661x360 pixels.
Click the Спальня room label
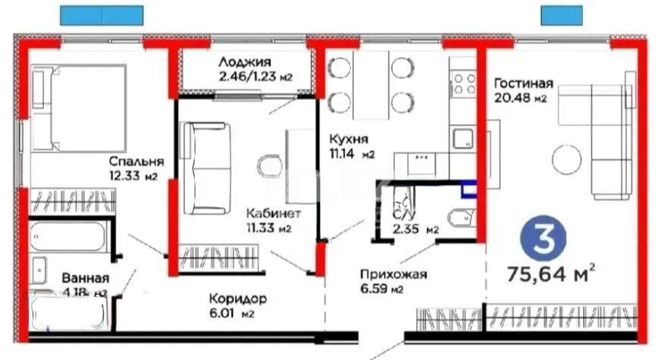(133, 162)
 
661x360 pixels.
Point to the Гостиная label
(523, 83)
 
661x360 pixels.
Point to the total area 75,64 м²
(550, 271)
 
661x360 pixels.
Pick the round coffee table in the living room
(567, 159)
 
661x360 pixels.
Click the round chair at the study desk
(269, 166)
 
